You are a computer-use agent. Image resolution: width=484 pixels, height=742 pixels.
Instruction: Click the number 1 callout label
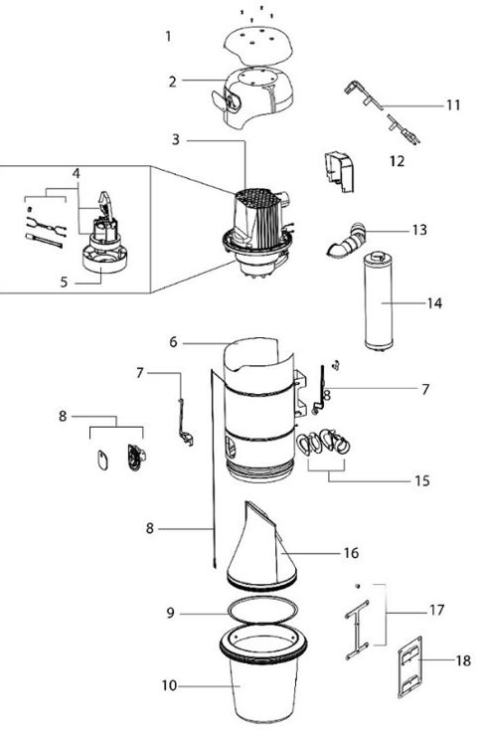169,37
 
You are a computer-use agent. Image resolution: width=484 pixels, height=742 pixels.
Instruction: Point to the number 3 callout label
175,139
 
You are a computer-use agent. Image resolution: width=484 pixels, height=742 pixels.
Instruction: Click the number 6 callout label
173,341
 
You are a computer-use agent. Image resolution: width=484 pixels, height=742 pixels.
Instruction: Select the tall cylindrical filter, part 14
384,301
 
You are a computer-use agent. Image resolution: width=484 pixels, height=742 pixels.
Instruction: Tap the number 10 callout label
169,685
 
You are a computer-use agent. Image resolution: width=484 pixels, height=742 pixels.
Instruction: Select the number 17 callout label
437,610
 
